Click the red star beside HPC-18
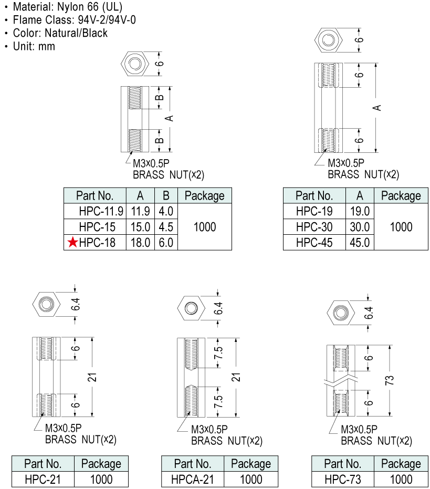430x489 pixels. coord(72,242)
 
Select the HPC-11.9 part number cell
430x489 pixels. coord(101,212)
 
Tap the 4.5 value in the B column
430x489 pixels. coord(166,227)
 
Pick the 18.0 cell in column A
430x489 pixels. coord(140,242)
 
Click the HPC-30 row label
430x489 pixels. coord(314,227)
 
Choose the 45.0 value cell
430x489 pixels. coord(360,242)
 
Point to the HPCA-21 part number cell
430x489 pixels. coord(192,479)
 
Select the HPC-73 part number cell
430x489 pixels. coord(342,479)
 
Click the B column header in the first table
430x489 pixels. coord(166,196)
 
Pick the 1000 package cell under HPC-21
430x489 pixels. coord(101,479)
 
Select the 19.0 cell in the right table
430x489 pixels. coord(360,212)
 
